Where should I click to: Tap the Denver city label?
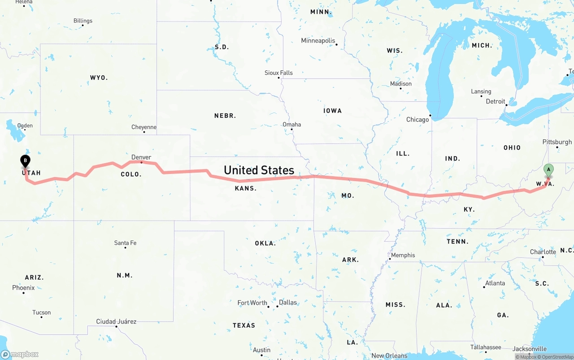coord(141,157)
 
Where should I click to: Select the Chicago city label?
coord(417,120)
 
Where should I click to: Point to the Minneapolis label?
coord(318,41)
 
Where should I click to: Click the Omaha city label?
coord(291,125)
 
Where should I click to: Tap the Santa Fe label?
coord(125,243)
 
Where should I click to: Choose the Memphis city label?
coord(403,256)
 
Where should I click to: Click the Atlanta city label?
coord(495,283)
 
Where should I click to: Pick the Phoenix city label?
coord(23,288)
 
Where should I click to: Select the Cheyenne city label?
coord(144,127)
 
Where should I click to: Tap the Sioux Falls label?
coord(278,73)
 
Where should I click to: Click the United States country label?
coord(259,170)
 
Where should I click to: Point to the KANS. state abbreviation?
coord(246,189)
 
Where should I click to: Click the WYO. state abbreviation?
coord(99,78)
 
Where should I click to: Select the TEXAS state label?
coord(244,325)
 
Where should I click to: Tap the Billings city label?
coord(83,21)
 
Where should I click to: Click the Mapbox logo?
coord(20,354)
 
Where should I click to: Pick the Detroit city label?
coord(496,102)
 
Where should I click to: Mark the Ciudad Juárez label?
coord(116,321)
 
